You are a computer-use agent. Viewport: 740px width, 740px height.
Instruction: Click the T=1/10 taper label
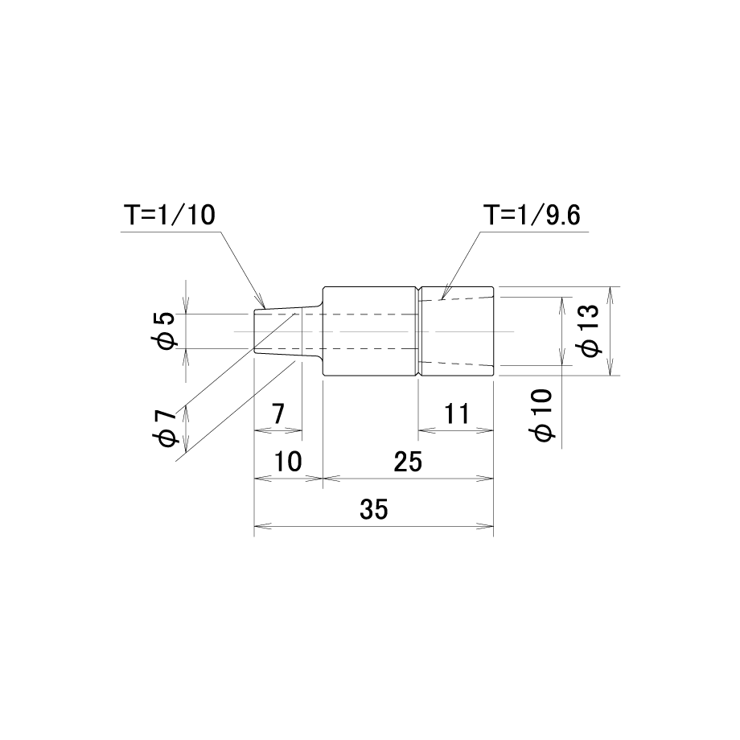tap(170, 215)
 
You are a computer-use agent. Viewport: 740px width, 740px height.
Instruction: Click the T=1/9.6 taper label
tap(532, 215)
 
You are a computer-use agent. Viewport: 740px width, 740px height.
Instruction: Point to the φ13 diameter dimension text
tap(590, 331)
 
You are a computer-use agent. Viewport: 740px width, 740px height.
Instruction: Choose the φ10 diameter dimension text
tap(543, 415)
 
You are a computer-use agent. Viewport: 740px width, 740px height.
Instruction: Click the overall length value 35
tap(374, 510)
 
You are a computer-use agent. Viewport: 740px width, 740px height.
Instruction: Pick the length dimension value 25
tap(408, 462)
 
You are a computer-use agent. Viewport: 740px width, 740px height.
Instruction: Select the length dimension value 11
tap(457, 414)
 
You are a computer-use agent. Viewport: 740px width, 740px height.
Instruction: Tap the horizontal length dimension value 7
tap(278, 414)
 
